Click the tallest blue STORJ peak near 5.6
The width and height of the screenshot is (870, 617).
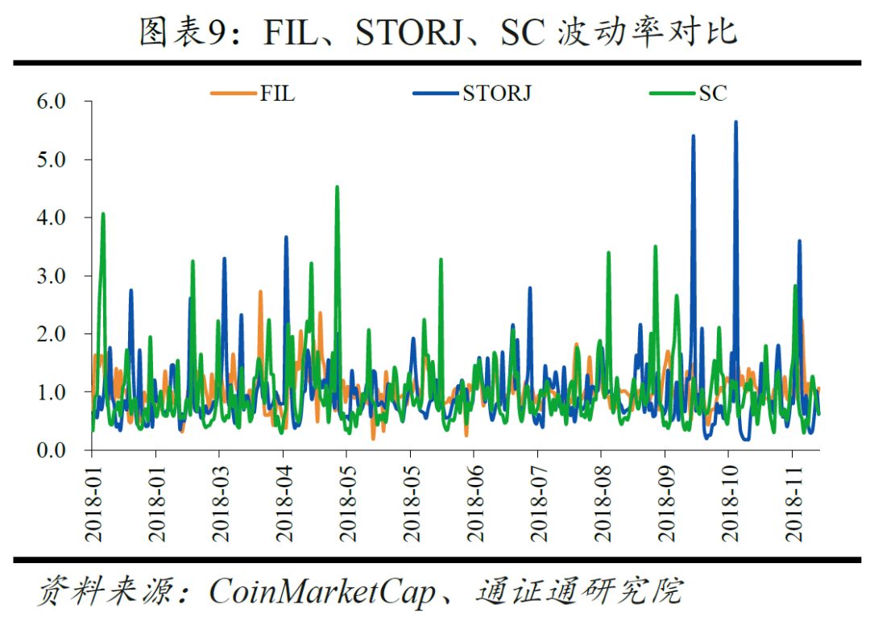pos(735,122)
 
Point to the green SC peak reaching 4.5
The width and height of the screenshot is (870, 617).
pos(337,188)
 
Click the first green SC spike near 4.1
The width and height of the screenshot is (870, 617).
pos(103,214)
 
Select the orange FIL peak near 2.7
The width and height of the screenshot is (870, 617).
pos(260,292)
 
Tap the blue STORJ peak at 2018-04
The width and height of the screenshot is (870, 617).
pos(286,238)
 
